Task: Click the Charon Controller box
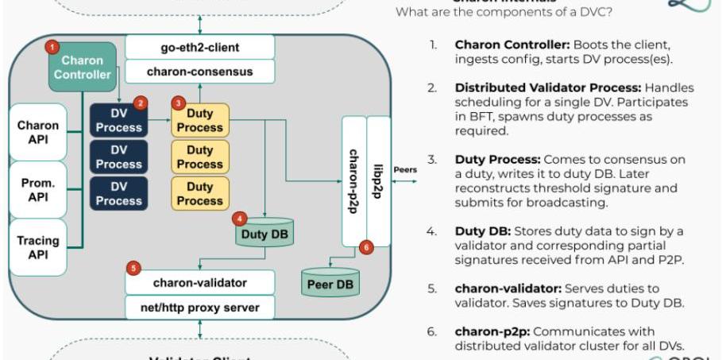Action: (x=83, y=68)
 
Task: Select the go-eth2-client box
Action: (x=200, y=47)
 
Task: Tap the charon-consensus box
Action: (x=200, y=72)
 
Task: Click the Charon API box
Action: (x=38, y=132)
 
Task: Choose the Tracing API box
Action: (x=38, y=247)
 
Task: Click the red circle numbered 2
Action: (x=140, y=103)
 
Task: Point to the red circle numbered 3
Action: (x=179, y=103)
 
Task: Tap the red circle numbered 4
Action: (x=239, y=218)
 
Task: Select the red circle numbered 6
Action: (x=365, y=247)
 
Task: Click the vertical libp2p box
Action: (x=379, y=180)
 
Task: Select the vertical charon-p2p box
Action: (x=354, y=180)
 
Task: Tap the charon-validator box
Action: (x=200, y=282)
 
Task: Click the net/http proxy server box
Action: (x=200, y=307)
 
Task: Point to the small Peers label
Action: (x=405, y=169)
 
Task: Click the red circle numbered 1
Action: (x=52, y=47)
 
